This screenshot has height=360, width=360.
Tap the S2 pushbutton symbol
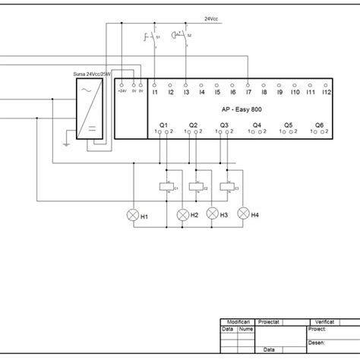click(181, 35)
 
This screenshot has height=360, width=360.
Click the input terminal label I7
click(248, 93)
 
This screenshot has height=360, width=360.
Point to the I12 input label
click(327, 93)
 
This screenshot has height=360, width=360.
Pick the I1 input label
click(155, 93)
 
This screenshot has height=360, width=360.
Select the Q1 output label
click(163, 125)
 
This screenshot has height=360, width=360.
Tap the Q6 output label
click(319, 125)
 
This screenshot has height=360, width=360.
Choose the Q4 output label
click(257, 125)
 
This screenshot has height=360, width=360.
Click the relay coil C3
click(227, 187)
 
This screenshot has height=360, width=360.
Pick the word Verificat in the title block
click(330, 322)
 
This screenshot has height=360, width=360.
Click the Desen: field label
click(318, 343)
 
